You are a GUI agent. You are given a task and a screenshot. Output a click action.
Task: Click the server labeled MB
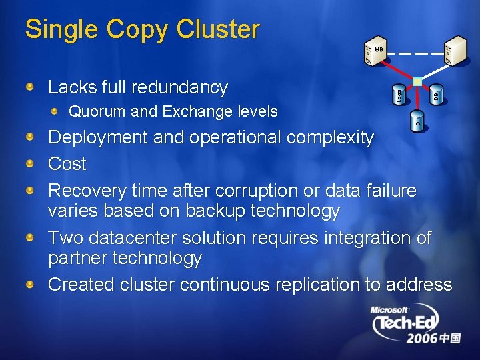point(375,51)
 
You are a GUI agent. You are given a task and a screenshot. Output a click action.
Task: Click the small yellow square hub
point(417,82)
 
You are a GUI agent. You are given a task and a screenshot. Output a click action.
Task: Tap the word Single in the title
point(58,29)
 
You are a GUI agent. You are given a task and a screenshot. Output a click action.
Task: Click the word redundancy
point(180,87)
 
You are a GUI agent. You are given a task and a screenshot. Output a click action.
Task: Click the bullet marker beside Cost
point(31,164)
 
